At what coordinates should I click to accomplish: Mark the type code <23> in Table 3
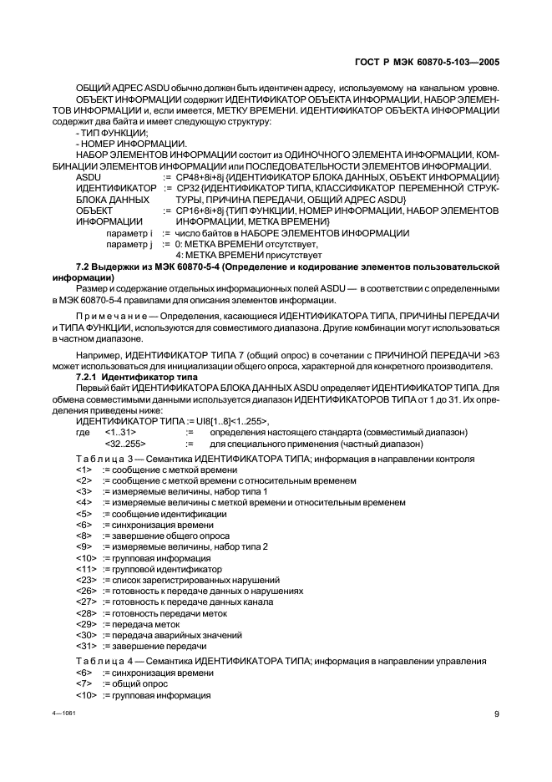84,580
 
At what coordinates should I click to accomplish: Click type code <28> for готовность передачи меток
84,613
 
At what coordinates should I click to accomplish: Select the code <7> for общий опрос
83,683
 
